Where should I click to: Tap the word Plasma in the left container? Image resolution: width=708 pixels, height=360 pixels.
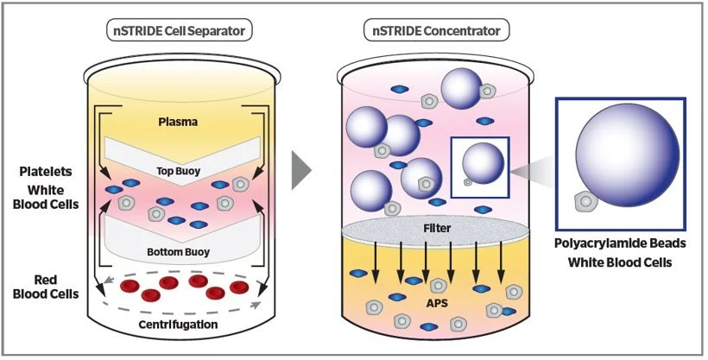click(179, 122)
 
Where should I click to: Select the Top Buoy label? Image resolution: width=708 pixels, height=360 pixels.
click(179, 171)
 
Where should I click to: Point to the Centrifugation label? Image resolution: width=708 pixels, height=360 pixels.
click(178, 325)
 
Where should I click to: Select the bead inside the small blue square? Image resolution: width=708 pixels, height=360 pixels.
click(482, 161)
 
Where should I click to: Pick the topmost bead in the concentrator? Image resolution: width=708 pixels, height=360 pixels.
click(460, 90)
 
